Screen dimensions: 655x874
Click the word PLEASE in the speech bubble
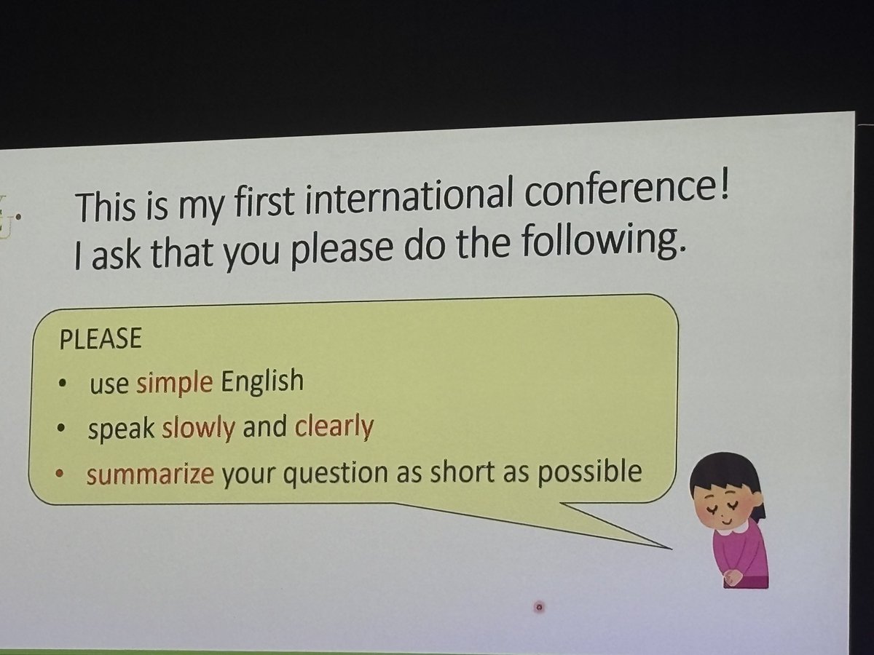pyautogui.click(x=100, y=340)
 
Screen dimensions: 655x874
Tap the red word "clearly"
pyautogui.click(x=334, y=426)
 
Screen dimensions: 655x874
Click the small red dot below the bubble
pyautogui.click(x=539, y=606)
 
